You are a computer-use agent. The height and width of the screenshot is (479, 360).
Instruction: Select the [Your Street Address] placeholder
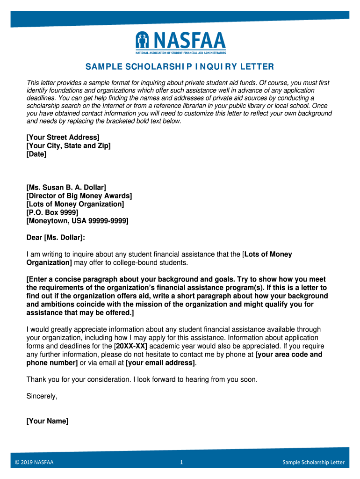[63, 137]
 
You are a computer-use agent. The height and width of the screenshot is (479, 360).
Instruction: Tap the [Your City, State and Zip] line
[69, 145]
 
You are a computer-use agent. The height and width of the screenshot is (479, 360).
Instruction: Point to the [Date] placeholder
[36, 154]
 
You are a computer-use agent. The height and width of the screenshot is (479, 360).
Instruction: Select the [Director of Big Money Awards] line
[79, 196]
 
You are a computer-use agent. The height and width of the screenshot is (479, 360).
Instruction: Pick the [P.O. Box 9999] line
[52, 212]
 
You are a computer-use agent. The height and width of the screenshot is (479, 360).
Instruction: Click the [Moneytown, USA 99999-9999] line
[78, 221]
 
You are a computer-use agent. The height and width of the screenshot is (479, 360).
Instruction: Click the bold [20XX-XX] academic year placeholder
[131, 346]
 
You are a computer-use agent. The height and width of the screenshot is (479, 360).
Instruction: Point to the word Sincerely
[42, 396]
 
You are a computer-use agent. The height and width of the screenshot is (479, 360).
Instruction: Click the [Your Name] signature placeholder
[48, 421]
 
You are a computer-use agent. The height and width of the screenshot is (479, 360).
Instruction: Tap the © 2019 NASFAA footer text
[35, 463]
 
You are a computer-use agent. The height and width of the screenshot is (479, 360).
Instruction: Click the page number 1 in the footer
[181, 463]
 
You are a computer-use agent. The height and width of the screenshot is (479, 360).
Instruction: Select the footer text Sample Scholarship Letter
[313, 463]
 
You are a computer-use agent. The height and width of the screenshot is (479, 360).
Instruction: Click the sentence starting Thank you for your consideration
[142, 379]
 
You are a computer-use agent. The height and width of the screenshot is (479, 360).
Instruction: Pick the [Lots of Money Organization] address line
[75, 204]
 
